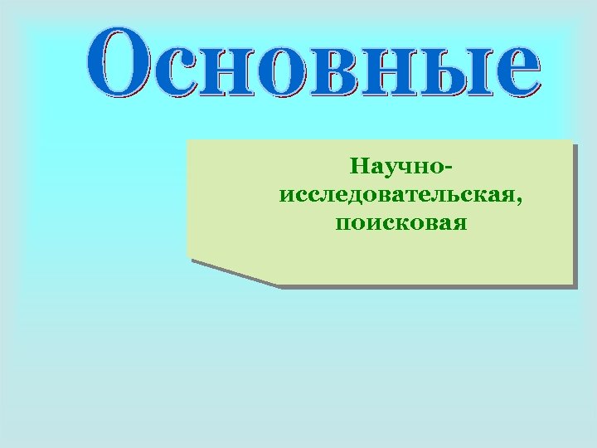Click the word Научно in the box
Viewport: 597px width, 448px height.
398,168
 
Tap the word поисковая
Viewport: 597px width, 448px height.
402,223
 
